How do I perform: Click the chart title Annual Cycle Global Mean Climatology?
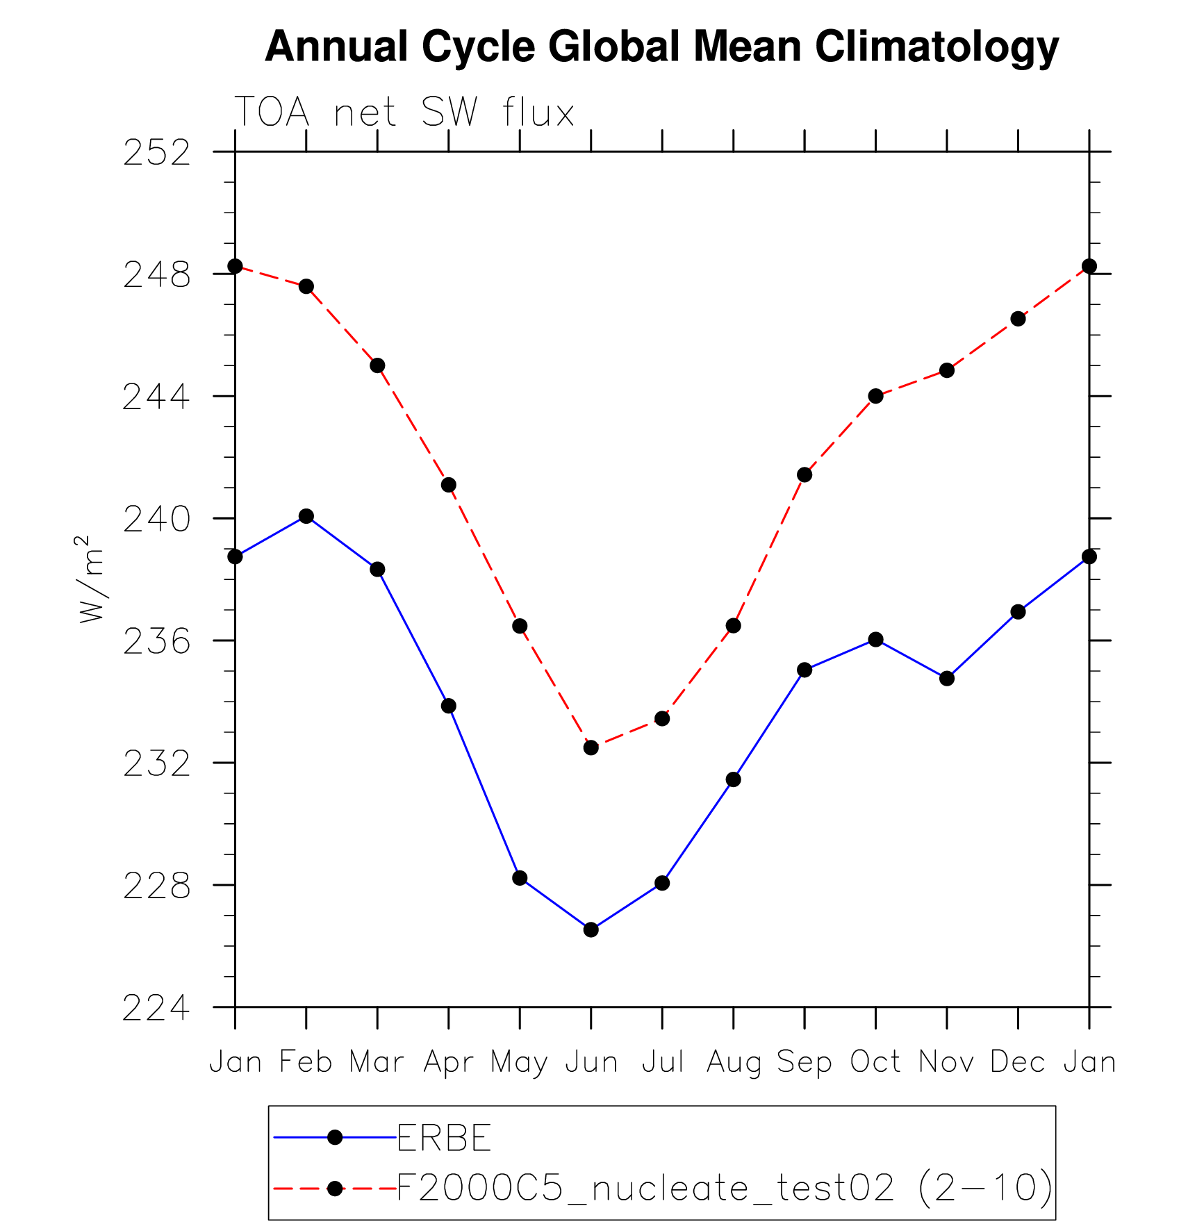661,47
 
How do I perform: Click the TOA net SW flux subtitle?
404,113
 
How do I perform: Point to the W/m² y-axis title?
91,579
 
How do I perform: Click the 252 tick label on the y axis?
156,153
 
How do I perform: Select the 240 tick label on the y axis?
156,520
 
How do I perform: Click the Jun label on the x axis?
591,1062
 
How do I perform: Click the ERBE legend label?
444,1138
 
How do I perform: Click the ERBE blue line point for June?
591,929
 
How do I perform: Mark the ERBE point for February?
306,516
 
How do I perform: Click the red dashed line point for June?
591,747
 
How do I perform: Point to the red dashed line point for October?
875,396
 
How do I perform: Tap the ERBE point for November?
947,679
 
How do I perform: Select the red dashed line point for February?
306,287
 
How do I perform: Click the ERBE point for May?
520,878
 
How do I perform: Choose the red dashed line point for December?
1018,319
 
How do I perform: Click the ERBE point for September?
805,670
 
